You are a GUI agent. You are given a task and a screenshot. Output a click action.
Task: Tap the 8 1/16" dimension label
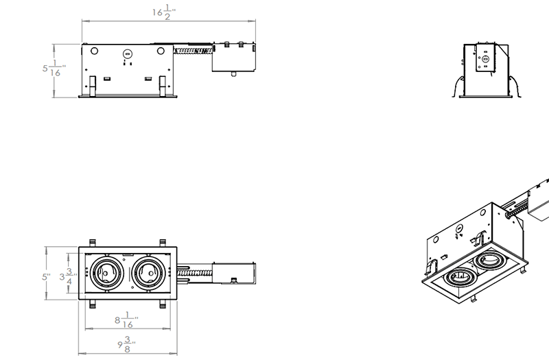point(126,320)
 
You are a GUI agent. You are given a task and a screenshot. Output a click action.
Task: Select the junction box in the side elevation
point(234,58)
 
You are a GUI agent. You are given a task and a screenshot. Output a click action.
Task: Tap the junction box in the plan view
point(235,272)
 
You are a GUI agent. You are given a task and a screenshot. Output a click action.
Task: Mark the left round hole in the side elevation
point(95,50)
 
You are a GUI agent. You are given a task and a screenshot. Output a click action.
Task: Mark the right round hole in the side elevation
point(160,50)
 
